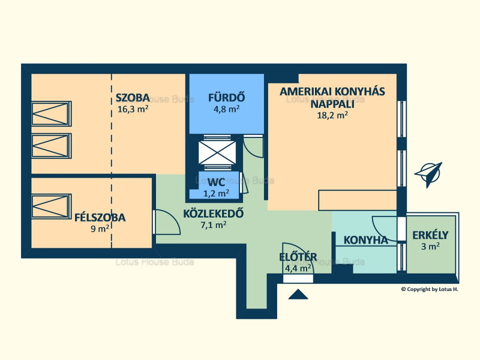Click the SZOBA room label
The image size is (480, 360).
pos(133,97)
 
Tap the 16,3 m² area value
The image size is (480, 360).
pos(133,109)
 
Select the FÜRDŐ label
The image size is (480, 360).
pos(226,97)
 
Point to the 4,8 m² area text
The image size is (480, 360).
pos(226,109)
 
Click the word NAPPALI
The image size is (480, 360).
pos(332,104)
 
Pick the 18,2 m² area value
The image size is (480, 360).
pos(332,115)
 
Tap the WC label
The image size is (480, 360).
pos(216,182)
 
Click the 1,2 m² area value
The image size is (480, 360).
pos(216,193)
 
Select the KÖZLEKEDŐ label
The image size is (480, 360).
pos(213,213)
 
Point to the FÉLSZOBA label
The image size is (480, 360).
pos(100,217)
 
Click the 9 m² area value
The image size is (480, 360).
pos(100,228)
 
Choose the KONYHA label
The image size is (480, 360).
pos(366,240)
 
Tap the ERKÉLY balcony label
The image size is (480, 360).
pos(430,235)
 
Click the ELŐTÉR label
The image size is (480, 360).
pos(298,257)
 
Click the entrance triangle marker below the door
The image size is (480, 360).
pos(298,294)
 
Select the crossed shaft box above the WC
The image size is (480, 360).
pos(217,152)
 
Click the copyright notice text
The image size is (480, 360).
pos(430,289)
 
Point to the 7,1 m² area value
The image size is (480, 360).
pos(213,225)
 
